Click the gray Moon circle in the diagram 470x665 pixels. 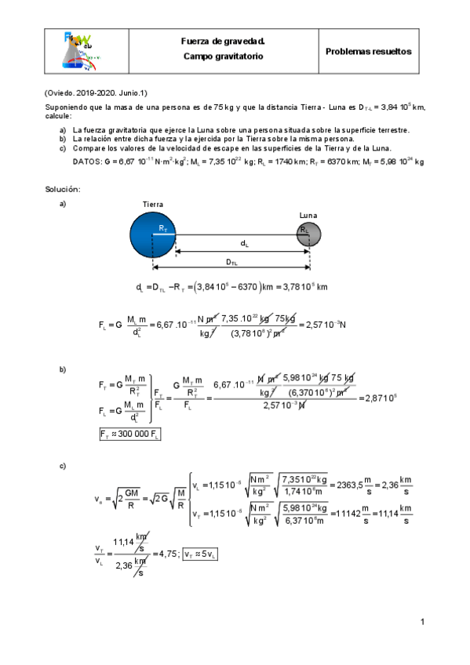[308, 234]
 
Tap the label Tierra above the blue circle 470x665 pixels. [153, 204]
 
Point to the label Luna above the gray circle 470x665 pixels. [308, 214]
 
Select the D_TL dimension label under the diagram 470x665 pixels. [243, 263]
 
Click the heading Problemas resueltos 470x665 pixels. [369, 51]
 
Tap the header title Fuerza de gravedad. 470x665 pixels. [223, 42]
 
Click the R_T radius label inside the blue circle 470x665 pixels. [162, 228]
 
